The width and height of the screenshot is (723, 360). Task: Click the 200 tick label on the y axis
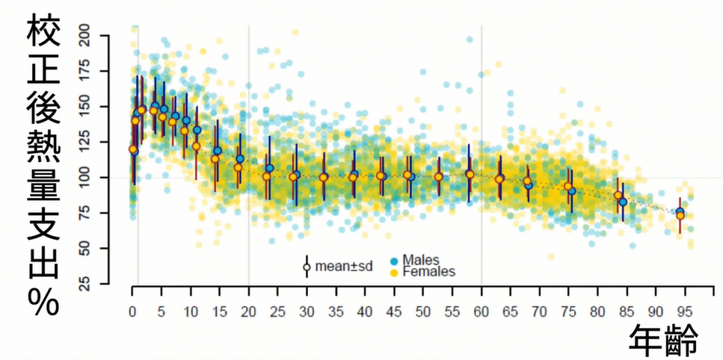pyautogui.click(x=87, y=35)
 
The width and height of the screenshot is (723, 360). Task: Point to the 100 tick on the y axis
pyautogui.click(x=87, y=178)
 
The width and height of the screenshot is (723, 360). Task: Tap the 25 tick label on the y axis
pyautogui.click(x=90, y=284)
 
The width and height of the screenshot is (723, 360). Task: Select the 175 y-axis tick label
pyautogui.click(x=87, y=71)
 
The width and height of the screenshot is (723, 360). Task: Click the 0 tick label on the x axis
pyautogui.click(x=132, y=312)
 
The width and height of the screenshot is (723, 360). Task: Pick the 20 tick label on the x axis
pyautogui.click(x=248, y=312)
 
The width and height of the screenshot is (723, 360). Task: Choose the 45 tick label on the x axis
pyautogui.click(x=394, y=312)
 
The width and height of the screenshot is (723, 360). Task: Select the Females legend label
pyautogui.click(x=429, y=272)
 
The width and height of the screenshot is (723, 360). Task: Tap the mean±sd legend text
pyautogui.click(x=345, y=266)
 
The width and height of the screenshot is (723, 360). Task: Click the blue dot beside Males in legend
pyautogui.click(x=394, y=261)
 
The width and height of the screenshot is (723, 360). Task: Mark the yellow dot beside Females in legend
pyautogui.click(x=394, y=272)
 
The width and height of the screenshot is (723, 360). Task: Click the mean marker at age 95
pyautogui.click(x=680, y=215)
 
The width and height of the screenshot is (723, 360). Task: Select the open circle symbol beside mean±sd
pyautogui.click(x=307, y=267)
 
